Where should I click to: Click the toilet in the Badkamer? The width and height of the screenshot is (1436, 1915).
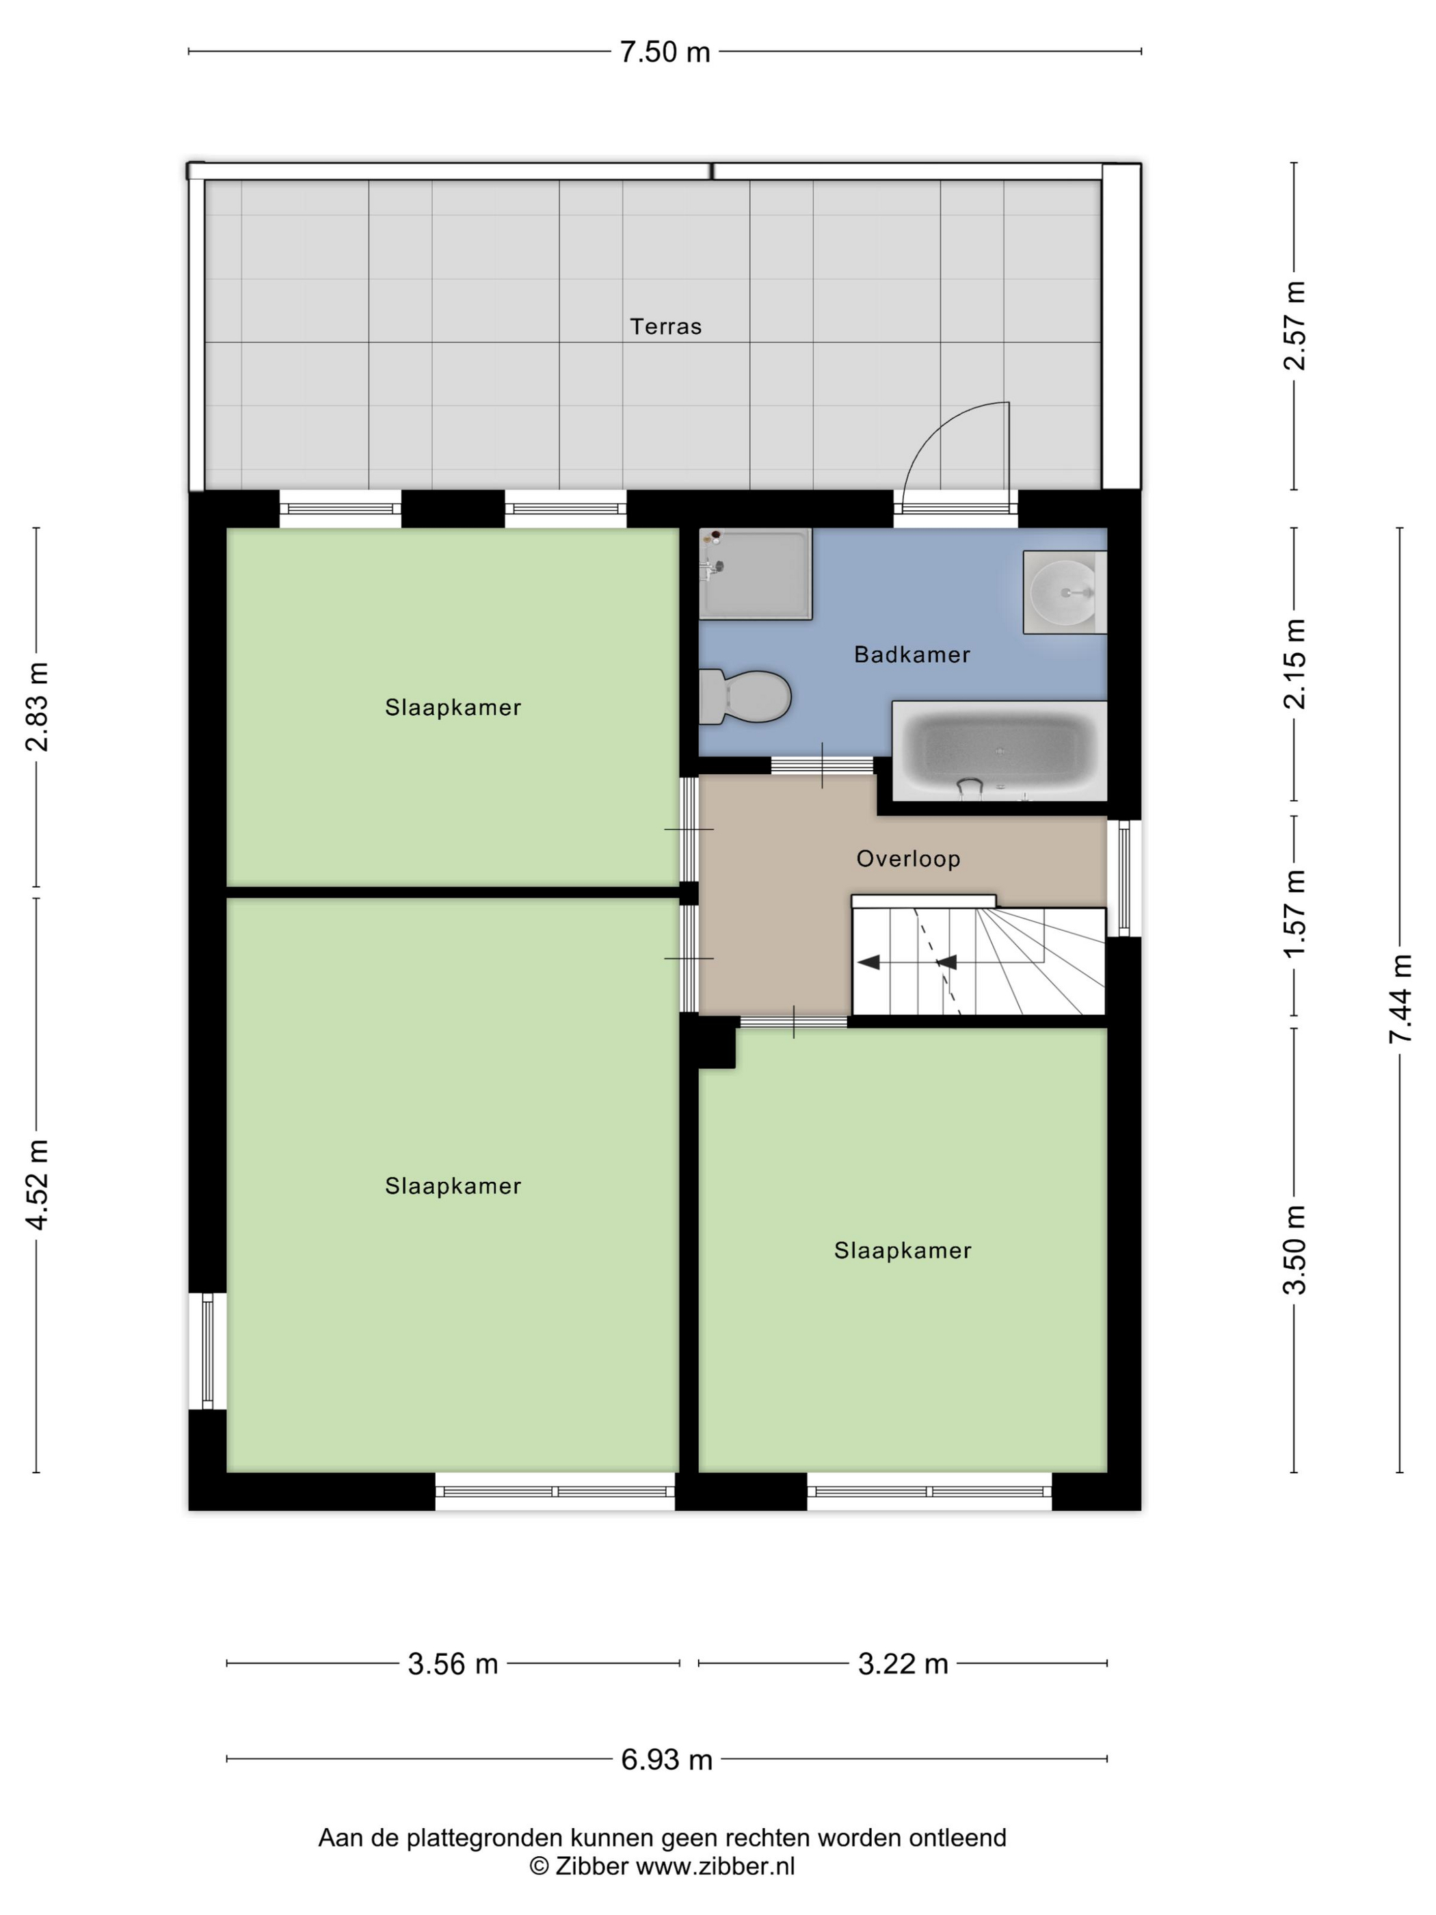tap(745, 696)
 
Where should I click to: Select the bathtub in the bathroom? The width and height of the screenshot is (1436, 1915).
tap(999, 750)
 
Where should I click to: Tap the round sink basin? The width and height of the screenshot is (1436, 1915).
tap(1062, 592)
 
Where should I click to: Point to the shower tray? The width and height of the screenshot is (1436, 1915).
tap(756, 574)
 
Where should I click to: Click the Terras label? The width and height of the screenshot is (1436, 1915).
tap(665, 326)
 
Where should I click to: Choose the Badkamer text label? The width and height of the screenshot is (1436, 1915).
tap(912, 655)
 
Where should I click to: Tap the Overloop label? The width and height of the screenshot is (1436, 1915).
tap(908, 859)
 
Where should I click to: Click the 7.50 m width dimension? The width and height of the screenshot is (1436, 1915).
tap(665, 52)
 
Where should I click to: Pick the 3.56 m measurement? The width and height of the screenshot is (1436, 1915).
tap(453, 1663)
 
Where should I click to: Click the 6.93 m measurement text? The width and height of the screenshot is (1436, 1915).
tap(667, 1759)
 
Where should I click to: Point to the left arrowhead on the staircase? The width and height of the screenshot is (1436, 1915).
tap(868, 962)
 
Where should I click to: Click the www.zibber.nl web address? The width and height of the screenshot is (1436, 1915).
tap(715, 1866)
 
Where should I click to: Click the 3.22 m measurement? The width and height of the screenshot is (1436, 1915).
tap(903, 1663)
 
